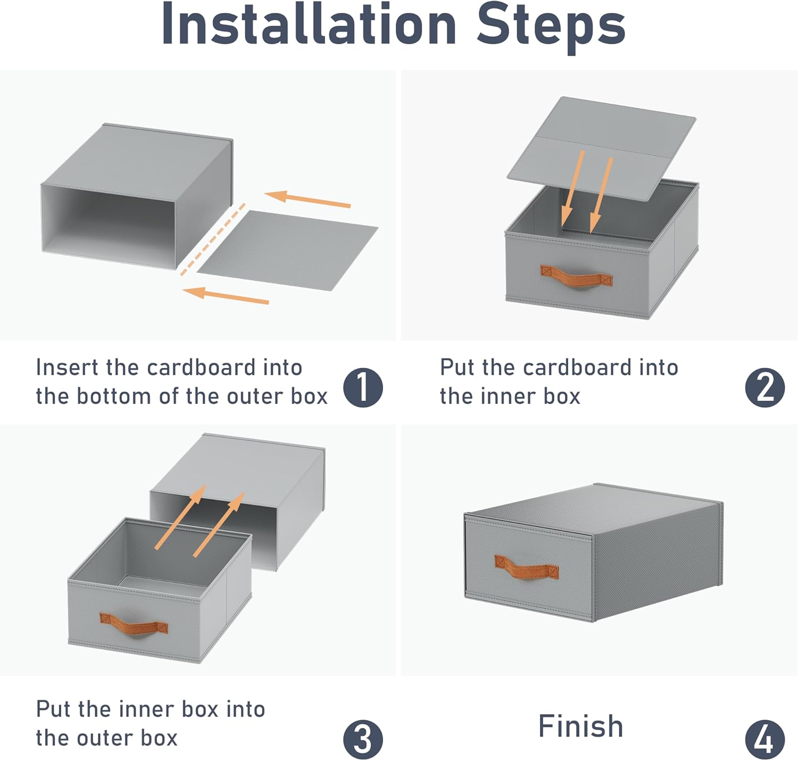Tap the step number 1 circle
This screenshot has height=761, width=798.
point(363,387)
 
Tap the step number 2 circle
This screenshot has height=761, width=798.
point(764,387)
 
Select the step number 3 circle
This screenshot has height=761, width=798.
point(363,739)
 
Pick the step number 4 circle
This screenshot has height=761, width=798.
point(764,739)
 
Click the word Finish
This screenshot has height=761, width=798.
point(580,726)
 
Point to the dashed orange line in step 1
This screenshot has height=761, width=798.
point(213,239)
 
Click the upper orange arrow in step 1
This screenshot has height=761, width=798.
point(307,200)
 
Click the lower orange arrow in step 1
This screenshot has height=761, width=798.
point(226,295)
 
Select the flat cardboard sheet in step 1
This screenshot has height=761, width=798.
point(287,250)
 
